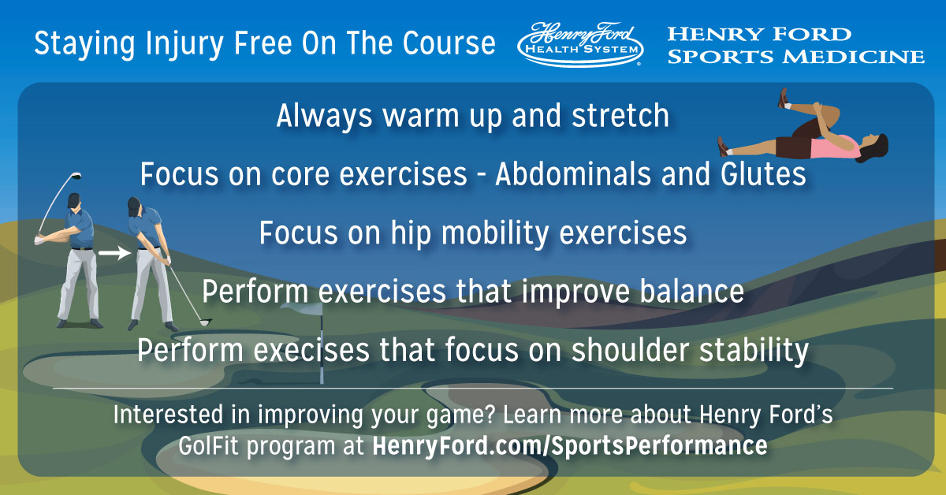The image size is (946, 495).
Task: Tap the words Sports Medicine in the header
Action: [x=795, y=56]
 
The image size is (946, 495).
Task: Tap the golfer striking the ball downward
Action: [x=150, y=260]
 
